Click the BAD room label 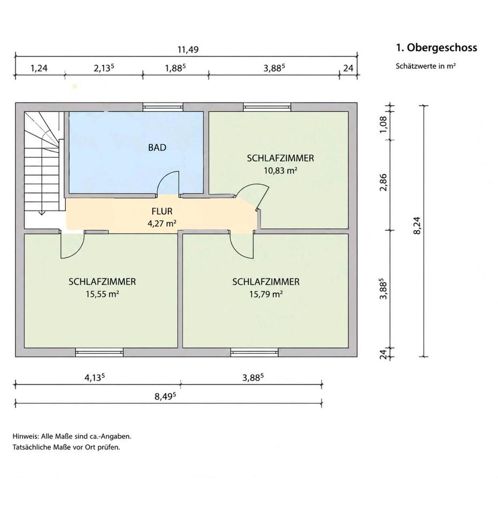tap(157, 147)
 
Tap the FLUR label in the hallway tap(162, 212)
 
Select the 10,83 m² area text tap(281, 170)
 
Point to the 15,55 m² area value tap(102, 294)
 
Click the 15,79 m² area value tap(266, 294)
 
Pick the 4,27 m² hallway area tap(162, 223)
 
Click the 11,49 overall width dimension tap(188, 50)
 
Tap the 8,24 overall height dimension tap(417, 226)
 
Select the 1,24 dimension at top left tap(39, 68)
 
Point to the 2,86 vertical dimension tap(384, 182)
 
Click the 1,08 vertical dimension tap(384, 125)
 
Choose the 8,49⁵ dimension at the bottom tap(165, 396)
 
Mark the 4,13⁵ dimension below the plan tap(95, 378)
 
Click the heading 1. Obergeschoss tap(436, 48)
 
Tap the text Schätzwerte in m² tap(426, 66)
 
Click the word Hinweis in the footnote tap(26, 436)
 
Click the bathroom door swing tap(167, 183)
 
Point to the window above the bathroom tap(163, 107)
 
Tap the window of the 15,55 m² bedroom tap(99, 352)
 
